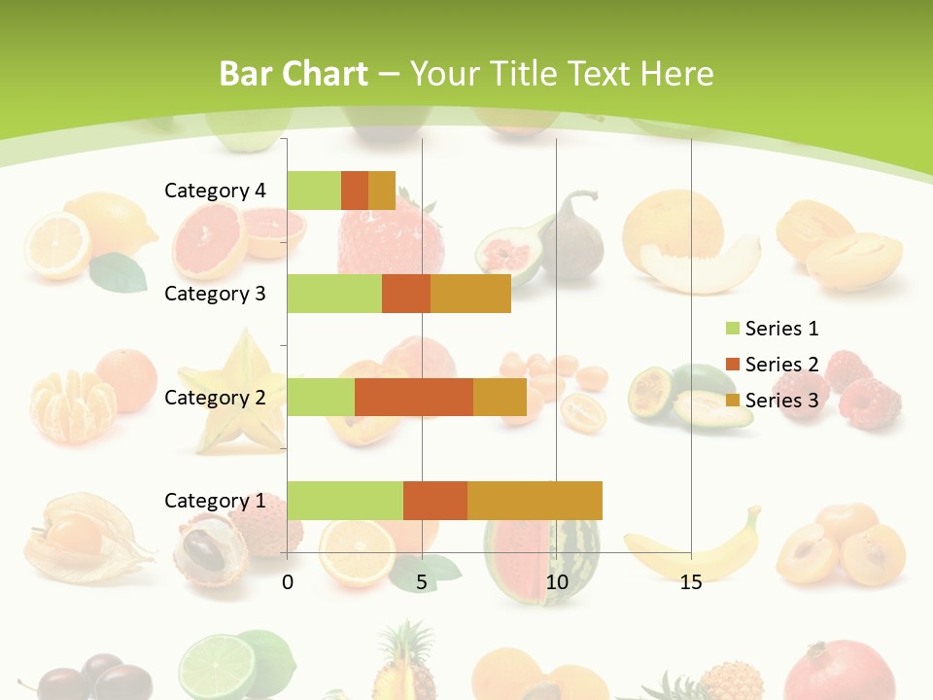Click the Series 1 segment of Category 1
[x=345, y=500]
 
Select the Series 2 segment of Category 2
[x=414, y=397]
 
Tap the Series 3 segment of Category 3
[x=470, y=294]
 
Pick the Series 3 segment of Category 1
[x=535, y=500]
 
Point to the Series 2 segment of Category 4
[x=355, y=191]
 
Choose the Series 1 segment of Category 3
[x=334, y=294]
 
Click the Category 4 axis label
[x=215, y=191]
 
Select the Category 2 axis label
[x=215, y=397]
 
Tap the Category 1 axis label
[x=215, y=500]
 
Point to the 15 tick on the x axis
[x=691, y=582]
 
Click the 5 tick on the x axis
[x=422, y=582]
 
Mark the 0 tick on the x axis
[x=288, y=582]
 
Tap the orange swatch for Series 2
[x=732, y=365]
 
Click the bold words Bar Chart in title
[x=294, y=74]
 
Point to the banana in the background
[x=700, y=549]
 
